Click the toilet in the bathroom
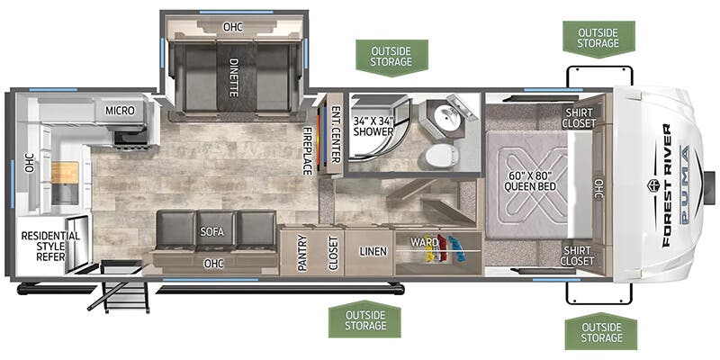(441, 156)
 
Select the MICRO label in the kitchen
(120, 111)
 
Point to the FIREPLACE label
(307, 150)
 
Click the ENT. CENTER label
(336, 135)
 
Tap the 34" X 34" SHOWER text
(373, 127)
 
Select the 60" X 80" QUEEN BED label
(530, 182)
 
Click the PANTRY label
(301, 253)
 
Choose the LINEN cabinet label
(373, 251)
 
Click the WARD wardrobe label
(424, 242)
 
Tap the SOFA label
(211, 232)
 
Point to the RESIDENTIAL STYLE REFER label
(50, 246)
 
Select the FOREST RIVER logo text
(666, 185)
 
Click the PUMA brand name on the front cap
(684, 184)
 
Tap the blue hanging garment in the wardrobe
(457, 248)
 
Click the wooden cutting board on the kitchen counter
(65, 172)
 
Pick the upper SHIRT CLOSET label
(580, 118)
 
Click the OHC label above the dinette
(233, 27)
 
